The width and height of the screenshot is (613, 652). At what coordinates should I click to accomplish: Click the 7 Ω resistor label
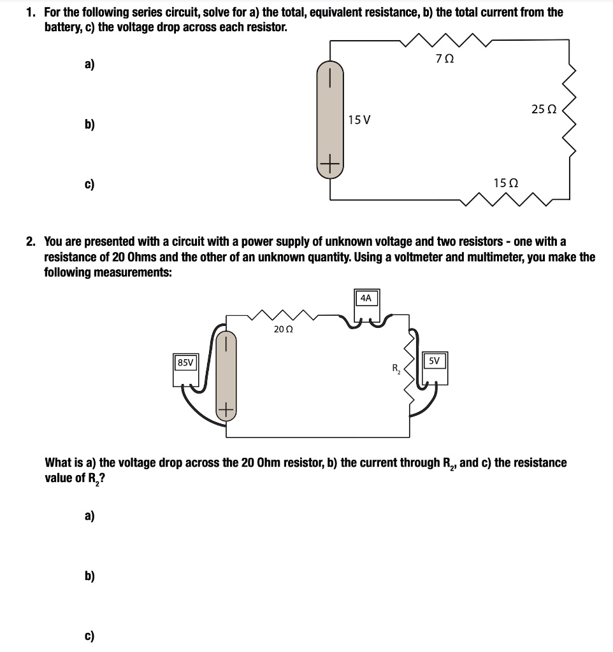(x=445, y=59)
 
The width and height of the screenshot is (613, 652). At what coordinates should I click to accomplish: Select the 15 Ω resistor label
(x=505, y=183)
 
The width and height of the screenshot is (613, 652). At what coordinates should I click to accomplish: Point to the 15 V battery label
(x=360, y=119)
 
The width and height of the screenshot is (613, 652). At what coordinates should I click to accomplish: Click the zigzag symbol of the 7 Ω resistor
(x=445, y=42)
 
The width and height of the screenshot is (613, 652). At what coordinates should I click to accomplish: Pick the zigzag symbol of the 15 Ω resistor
(x=507, y=199)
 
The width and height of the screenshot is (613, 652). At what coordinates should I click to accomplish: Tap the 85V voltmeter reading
(x=186, y=362)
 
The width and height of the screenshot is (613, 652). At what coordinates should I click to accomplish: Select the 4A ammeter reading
(x=366, y=297)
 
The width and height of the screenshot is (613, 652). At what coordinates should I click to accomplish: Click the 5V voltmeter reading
(x=434, y=360)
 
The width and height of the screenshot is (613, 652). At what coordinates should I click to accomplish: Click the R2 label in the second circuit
(x=396, y=368)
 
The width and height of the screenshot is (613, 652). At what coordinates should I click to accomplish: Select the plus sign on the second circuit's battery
(x=226, y=410)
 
